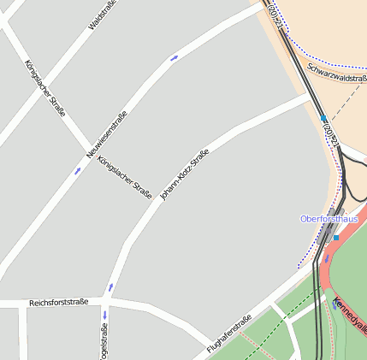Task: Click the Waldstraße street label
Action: (x=103, y=15)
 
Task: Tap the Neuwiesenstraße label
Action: (x=107, y=135)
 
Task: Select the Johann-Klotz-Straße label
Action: (x=185, y=175)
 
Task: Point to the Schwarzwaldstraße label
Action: (x=337, y=74)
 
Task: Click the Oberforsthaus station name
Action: (x=328, y=219)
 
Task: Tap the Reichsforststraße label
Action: (x=58, y=303)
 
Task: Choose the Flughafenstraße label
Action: (x=228, y=335)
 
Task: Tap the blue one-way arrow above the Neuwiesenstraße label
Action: (x=175, y=58)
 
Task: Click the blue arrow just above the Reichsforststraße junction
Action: (x=110, y=286)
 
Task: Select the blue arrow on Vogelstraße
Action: (x=104, y=315)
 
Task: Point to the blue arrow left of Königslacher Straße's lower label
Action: (x=77, y=169)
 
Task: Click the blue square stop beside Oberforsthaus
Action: (x=336, y=238)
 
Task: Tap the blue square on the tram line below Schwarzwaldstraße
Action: (x=323, y=120)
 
